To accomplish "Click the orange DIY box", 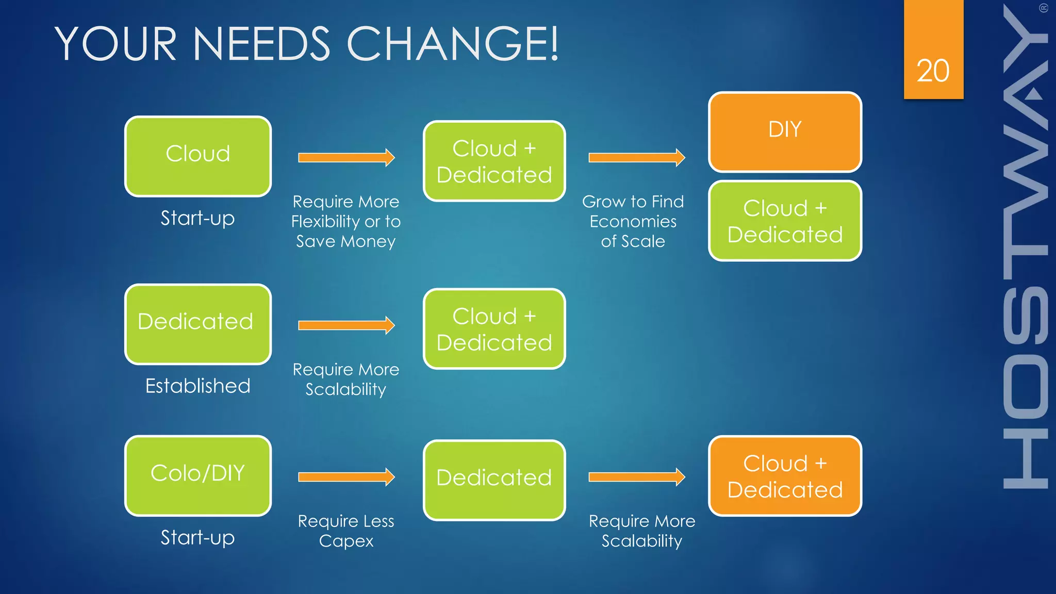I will tap(785, 132).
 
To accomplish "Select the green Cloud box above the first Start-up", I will tap(198, 156).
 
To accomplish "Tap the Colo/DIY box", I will tap(198, 475).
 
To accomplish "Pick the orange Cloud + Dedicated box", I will tap(785, 476).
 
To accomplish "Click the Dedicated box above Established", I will tap(198, 324).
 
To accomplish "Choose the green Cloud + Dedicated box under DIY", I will tap(785, 221).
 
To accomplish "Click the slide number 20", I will tap(933, 71).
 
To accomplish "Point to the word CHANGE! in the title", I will tap(453, 44).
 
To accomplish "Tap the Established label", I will tap(198, 386).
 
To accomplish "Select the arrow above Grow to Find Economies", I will tap(637, 157).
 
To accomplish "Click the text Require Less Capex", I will tap(346, 531).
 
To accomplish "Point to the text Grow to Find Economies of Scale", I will tap(633, 221).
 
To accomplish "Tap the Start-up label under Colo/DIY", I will tap(198, 537).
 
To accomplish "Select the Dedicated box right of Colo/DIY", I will tap(494, 480).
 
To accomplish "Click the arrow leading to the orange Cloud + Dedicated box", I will tap(637, 477).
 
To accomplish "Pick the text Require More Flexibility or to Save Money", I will tap(346, 221).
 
